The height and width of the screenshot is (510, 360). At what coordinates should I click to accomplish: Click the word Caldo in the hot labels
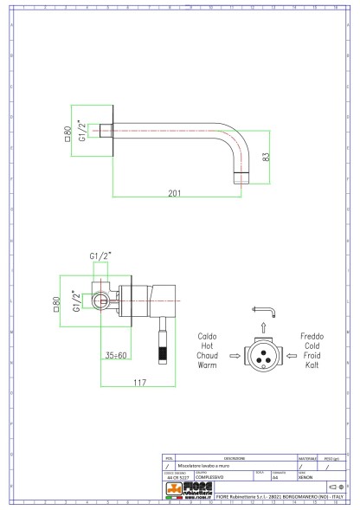point(208,335)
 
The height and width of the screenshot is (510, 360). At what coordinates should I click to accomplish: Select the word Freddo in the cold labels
point(312,335)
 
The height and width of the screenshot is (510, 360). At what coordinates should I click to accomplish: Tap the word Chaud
point(208,354)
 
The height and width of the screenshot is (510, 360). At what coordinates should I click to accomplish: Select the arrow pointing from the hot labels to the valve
point(234,354)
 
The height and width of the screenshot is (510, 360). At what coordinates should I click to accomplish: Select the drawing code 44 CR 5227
point(177,477)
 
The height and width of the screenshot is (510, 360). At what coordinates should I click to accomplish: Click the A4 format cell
point(275,477)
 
